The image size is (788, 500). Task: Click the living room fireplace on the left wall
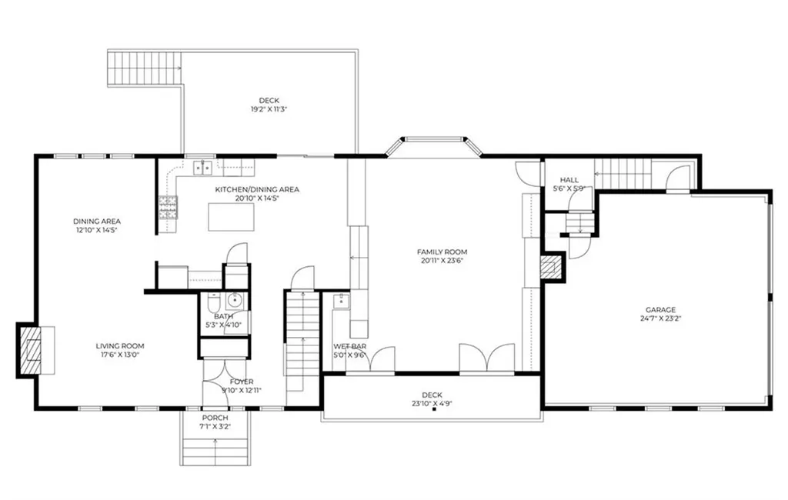click(x=31, y=348)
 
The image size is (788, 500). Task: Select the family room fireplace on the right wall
click(x=550, y=267)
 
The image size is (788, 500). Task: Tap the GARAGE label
click(x=660, y=310)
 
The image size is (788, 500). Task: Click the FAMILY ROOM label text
click(x=442, y=252)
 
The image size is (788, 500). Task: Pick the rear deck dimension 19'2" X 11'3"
click(x=269, y=109)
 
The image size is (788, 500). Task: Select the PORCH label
click(x=215, y=418)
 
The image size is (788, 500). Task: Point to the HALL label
click(x=569, y=180)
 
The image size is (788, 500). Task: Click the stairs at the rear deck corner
click(x=145, y=69)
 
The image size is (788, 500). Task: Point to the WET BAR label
click(x=349, y=346)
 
